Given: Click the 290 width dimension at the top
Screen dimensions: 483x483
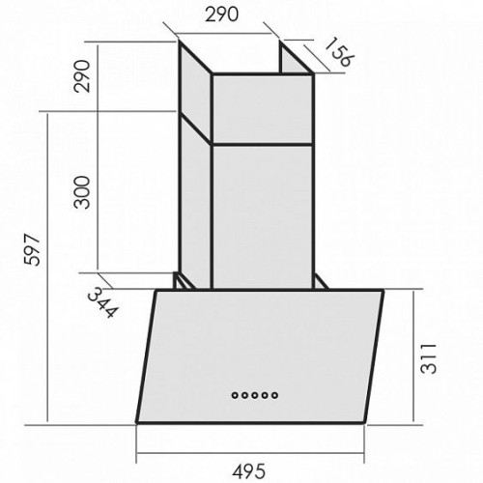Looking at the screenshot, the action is pos(222,14).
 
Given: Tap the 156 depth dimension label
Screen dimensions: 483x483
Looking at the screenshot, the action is pos(339,52).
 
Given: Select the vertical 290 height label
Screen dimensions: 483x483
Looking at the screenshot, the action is pos(81,76).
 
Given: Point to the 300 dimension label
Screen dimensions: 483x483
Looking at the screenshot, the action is pos(81,192).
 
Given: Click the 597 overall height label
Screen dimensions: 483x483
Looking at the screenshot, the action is pos(32,250).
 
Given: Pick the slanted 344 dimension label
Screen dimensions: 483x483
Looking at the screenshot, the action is pos(103,302).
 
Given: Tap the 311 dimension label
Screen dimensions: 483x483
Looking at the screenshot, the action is pos(428,358).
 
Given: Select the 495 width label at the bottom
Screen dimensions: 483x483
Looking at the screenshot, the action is pos(249,471).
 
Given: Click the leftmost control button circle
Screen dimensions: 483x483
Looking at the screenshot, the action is pos(235,395).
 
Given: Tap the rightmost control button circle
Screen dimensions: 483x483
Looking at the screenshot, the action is pos(274,395).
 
